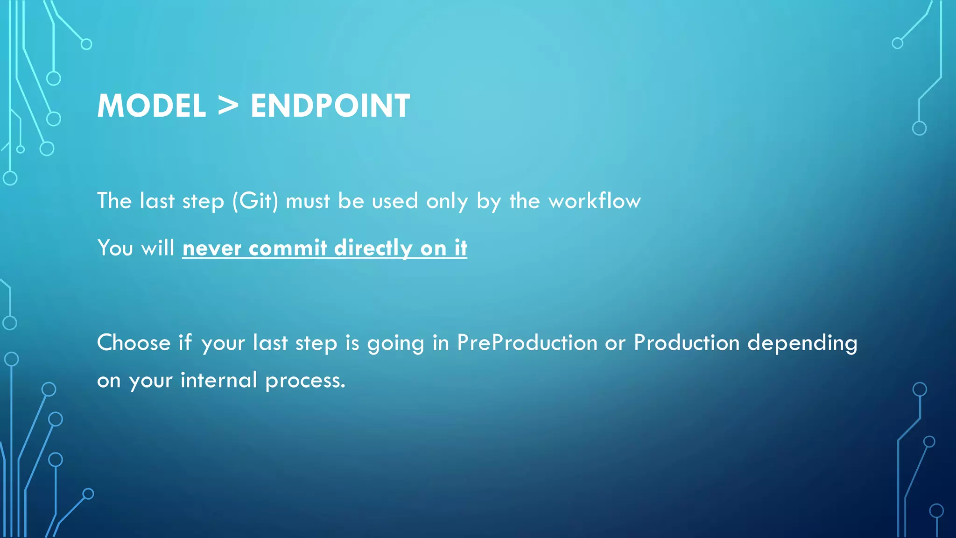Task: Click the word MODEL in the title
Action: coord(151,106)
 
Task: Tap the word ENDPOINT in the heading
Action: coord(330,106)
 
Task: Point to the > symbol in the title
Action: coord(228,106)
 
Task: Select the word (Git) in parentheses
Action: coord(255,201)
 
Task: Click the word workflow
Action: coord(594,201)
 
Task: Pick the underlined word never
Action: coord(211,248)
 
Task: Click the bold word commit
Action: coord(288,248)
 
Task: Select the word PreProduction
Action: coord(527,343)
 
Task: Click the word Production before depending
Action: coord(686,343)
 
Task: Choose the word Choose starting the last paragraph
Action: coord(134,343)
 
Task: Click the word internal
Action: coord(218,380)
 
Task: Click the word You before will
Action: coord(115,248)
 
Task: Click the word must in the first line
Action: coord(308,201)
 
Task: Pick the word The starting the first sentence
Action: coord(114,201)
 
